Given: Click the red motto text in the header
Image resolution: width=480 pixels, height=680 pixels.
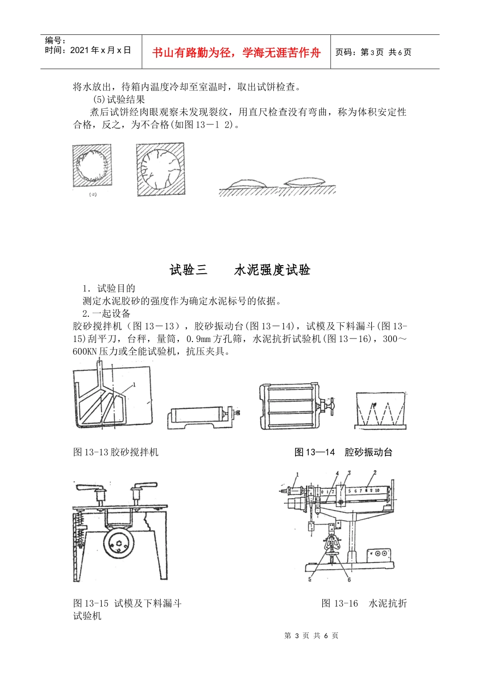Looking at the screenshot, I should click(236, 53).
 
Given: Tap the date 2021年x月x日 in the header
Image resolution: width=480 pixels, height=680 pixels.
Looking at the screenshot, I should click(101, 50).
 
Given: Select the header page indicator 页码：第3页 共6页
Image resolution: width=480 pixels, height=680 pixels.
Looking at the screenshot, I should click(373, 52).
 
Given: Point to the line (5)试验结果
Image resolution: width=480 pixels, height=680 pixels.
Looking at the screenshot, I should click(119, 100).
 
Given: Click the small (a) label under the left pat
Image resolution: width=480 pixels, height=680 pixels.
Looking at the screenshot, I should click(92, 194).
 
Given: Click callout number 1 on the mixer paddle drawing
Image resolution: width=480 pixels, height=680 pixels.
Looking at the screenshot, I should click(134, 385).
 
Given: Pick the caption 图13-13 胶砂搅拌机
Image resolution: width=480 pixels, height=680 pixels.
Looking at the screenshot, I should click(116, 452).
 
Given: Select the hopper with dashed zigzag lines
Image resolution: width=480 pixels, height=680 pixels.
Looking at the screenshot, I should click(380, 410).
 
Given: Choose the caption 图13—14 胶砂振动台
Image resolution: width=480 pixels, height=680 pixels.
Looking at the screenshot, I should click(344, 452).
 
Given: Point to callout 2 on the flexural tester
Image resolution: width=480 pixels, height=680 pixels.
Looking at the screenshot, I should click(374, 473).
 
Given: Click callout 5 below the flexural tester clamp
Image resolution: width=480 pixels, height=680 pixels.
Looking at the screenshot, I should click(310, 579).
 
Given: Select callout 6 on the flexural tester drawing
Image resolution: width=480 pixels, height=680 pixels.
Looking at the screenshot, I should click(349, 579).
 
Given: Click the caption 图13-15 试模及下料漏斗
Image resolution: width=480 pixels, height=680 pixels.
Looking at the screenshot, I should click(127, 603).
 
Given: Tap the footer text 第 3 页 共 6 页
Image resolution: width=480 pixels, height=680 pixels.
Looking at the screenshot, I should click(311, 635).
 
